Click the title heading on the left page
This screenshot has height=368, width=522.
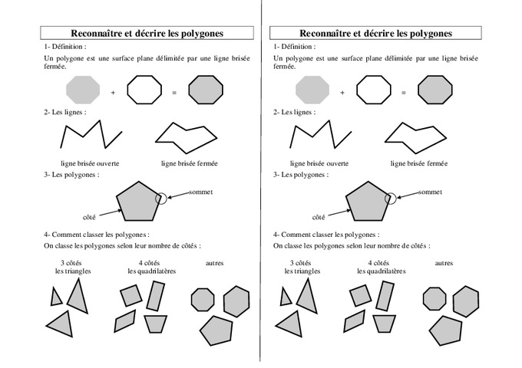pos(147,33)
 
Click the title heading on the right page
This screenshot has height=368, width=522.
pos(375,33)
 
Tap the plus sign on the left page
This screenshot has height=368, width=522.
pos(113,93)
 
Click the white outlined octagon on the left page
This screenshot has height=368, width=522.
pos(144,90)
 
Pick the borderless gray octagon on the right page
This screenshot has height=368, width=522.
pos(312,89)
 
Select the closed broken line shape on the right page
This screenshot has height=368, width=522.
pos(415,135)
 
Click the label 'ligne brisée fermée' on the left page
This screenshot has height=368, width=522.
pos(189,163)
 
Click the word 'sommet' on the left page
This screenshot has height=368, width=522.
pos(200,192)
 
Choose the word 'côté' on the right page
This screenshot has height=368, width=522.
pos(318,217)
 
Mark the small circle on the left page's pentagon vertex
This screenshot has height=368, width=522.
pos(160,199)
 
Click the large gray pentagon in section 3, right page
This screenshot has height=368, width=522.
pos(369,202)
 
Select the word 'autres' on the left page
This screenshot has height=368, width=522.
pos(215,262)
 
